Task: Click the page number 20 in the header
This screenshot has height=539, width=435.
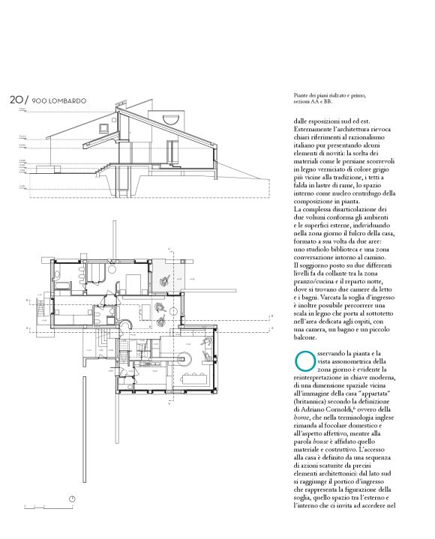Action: coord(16,99)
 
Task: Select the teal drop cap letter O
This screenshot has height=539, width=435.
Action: coord(304,360)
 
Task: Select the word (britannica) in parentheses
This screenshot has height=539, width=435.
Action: coord(316,398)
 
